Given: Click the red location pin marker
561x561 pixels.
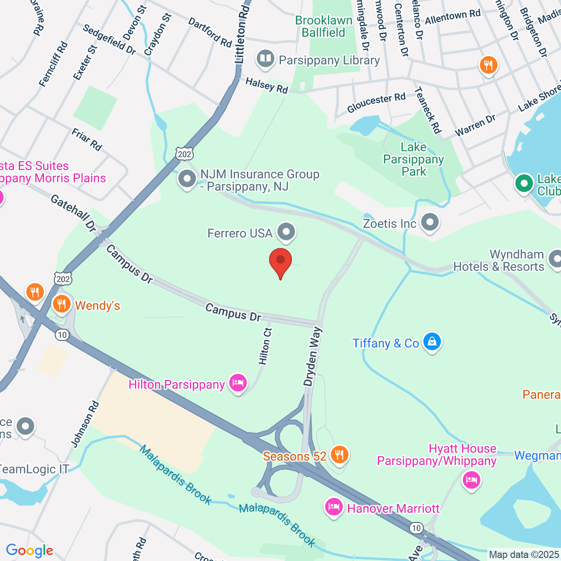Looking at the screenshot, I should [x=280, y=262].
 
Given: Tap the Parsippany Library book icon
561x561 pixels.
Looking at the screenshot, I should [x=266, y=59].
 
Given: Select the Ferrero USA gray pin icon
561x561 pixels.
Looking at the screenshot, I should [x=286, y=231].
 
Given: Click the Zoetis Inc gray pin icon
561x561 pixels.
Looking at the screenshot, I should [x=430, y=223].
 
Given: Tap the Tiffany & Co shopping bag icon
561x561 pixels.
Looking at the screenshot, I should [x=432, y=342].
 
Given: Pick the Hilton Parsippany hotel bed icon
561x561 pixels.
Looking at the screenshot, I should [x=238, y=383].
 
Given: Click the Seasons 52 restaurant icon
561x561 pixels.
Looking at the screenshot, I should [x=339, y=454].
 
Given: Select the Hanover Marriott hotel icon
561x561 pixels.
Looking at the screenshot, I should [x=334, y=507].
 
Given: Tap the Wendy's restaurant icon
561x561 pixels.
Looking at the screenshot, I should [x=61, y=304].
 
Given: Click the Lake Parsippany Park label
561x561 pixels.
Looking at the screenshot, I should [x=414, y=159].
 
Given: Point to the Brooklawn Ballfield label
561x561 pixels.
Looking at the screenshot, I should [x=324, y=27].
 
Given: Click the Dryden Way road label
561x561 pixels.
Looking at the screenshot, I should [x=313, y=356].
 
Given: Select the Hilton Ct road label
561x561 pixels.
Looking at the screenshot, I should [x=265, y=346].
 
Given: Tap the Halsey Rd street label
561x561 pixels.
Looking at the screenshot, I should [x=266, y=86].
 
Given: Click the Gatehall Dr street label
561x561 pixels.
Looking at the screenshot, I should [x=73, y=213].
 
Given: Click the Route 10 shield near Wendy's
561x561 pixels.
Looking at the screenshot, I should [x=62, y=335].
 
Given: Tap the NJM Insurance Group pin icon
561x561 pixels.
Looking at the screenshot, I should [x=187, y=179].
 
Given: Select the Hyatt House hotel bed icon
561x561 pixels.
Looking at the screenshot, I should [x=471, y=480].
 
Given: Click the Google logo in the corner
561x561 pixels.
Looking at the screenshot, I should [x=29, y=551].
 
